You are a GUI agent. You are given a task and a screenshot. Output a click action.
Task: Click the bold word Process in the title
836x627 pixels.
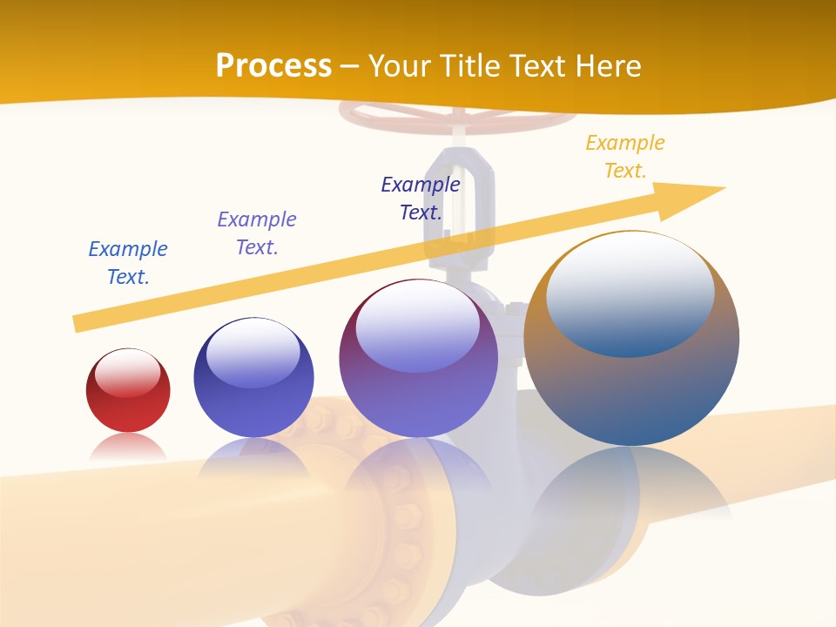[x=273, y=65]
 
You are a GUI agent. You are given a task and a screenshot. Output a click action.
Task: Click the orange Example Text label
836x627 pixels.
[x=624, y=156]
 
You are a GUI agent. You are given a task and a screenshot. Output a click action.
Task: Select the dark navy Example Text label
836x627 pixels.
[x=421, y=198]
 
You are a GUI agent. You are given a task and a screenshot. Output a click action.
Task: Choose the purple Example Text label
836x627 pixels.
[x=257, y=233]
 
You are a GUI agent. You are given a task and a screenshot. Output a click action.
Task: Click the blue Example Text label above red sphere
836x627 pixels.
[x=128, y=262]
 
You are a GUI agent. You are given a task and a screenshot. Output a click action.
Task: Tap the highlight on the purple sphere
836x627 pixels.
[x=417, y=327]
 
